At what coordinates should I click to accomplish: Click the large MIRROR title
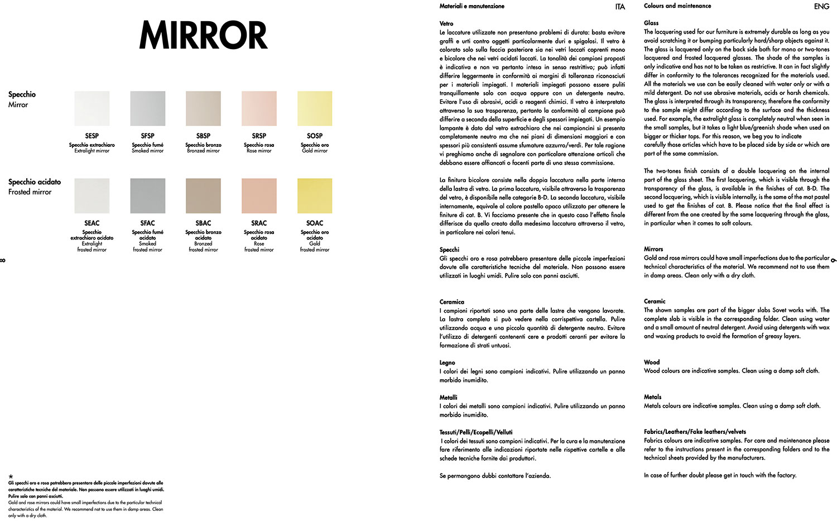(x=203, y=35)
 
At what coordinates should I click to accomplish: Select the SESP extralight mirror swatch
(x=92, y=108)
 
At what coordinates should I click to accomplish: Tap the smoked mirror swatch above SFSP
(x=147, y=108)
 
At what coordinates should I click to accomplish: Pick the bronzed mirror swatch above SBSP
(x=203, y=108)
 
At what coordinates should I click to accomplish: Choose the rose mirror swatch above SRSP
(x=259, y=108)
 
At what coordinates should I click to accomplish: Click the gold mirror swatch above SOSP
(x=315, y=108)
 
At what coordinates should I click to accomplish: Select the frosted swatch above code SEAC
(x=92, y=195)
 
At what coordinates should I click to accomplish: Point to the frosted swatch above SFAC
(x=147, y=195)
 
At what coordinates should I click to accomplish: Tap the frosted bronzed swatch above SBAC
(x=203, y=195)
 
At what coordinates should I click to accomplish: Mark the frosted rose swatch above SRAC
(x=259, y=195)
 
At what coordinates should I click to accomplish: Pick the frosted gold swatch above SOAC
(x=315, y=195)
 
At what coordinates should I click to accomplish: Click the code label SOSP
(x=315, y=136)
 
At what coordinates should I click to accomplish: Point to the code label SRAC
(x=259, y=223)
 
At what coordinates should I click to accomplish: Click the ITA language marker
(x=620, y=7)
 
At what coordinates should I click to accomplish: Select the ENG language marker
(x=821, y=7)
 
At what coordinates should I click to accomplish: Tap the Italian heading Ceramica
(x=451, y=302)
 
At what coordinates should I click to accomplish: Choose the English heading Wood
(x=651, y=362)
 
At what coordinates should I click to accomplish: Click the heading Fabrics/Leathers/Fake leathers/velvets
(x=695, y=432)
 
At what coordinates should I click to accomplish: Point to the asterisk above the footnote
(x=11, y=477)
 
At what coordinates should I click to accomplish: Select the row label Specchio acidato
(x=35, y=182)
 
